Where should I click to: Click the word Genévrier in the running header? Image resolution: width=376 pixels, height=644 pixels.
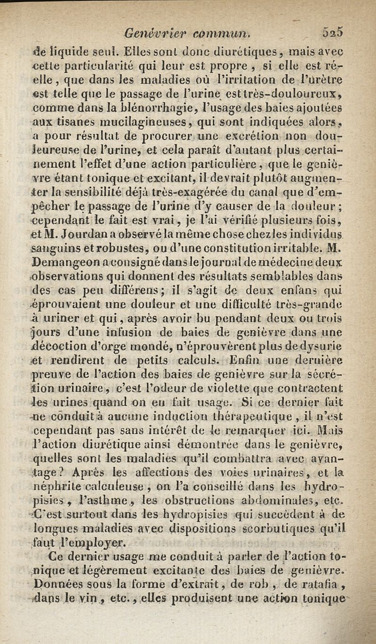[x=146, y=34]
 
